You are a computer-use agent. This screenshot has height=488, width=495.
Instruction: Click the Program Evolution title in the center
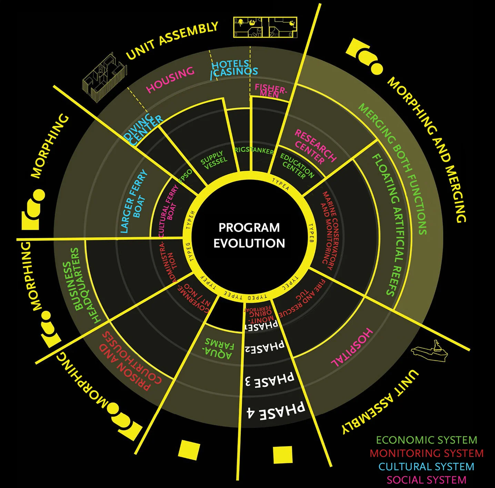[x=249, y=235]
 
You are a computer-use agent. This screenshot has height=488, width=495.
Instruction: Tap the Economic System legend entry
[x=426, y=440]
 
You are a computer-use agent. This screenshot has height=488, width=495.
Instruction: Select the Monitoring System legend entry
[x=426, y=453]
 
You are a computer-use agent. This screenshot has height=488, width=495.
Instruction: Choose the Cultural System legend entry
[x=426, y=467]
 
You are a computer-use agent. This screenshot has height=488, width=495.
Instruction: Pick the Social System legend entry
[x=426, y=480]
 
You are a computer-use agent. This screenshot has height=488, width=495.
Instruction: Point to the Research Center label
[x=314, y=146]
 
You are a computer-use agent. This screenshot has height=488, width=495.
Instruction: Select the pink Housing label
[x=170, y=80]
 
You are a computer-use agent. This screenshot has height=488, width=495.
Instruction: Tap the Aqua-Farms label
[x=219, y=348]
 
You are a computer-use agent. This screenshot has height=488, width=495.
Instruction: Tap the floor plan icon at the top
[x=265, y=27]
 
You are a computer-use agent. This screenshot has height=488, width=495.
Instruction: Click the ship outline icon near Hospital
[x=430, y=352]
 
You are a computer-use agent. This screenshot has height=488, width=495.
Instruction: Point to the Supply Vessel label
[x=214, y=160]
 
